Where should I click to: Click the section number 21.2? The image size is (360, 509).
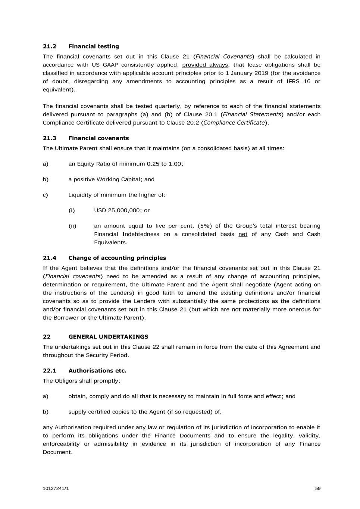[49, 46]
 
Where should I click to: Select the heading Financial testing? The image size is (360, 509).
[94, 46]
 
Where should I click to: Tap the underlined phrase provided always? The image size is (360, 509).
[205, 65]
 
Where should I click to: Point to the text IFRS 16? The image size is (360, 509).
[298, 81]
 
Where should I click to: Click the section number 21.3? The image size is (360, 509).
[49, 138]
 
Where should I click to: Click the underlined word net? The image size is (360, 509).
[243, 234]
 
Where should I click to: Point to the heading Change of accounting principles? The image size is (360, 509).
[117, 258]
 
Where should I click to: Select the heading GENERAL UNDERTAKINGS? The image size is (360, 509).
[108, 336]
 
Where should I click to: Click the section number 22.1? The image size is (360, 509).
[49, 370]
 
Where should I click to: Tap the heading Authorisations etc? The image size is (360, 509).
[97, 370]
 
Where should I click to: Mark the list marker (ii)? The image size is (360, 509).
[72, 226]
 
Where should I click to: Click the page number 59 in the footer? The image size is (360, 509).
[317, 488]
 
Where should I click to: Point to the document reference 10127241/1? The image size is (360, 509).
[56, 488]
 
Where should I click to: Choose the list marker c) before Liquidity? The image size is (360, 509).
[46, 195]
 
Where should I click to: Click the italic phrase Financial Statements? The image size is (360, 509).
[252, 114]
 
